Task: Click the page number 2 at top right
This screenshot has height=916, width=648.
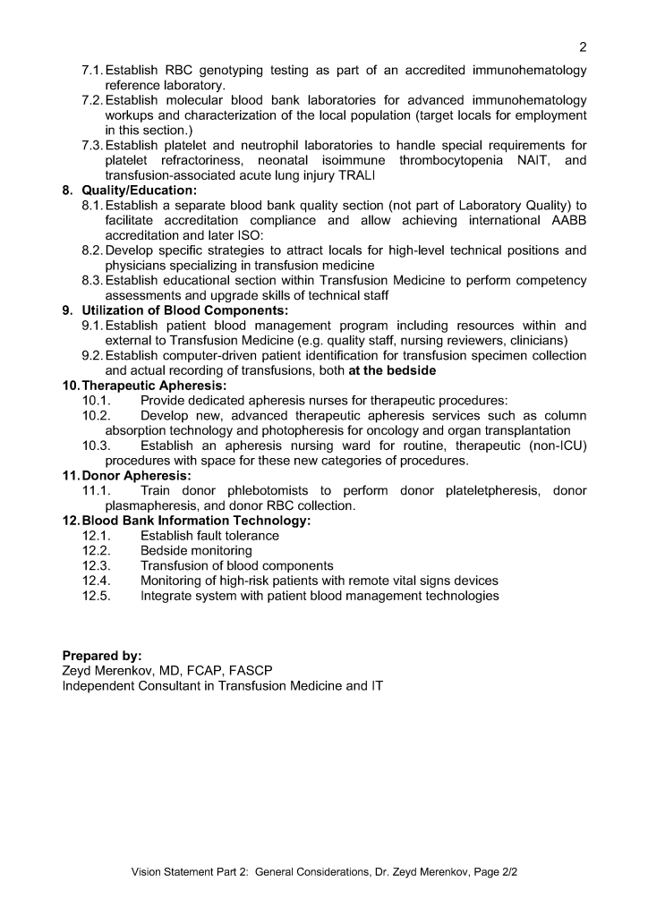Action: (583, 47)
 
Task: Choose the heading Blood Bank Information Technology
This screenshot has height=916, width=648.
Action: (196, 521)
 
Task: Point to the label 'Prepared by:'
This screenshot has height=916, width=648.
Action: (102, 656)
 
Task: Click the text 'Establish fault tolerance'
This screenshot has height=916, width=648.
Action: (209, 536)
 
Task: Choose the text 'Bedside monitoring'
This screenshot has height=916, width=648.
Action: (196, 551)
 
